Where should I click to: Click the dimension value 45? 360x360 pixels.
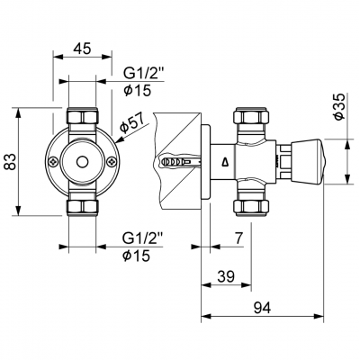[82, 48]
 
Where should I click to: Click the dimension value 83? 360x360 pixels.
[11, 162]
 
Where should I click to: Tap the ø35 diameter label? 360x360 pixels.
[341, 107]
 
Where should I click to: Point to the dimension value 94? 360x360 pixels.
[262, 308]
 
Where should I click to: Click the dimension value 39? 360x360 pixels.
[226, 276]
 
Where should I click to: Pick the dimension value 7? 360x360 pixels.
[238, 238]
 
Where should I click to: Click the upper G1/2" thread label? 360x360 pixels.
[144, 73]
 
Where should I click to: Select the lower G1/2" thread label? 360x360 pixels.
[142, 239]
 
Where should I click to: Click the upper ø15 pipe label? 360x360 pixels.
[138, 90]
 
